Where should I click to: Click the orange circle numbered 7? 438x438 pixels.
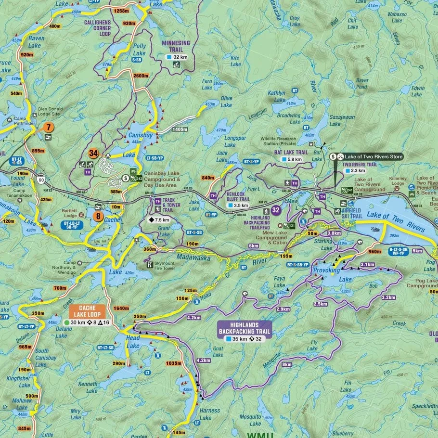[x=48, y=128]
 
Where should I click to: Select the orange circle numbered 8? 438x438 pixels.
[x=98, y=217]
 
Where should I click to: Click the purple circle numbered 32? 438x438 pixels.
[x=276, y=210]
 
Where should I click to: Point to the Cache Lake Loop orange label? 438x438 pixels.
[x=88, y=311]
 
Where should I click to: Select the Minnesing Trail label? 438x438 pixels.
[x=176, y=46]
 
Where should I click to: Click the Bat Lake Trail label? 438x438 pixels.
[x=291, y=152]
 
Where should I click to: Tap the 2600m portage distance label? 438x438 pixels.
[x=140, y=76]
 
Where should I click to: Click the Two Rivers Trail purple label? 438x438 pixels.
[x=360, y=164]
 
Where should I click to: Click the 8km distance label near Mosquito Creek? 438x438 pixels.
[x=287, y=364]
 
